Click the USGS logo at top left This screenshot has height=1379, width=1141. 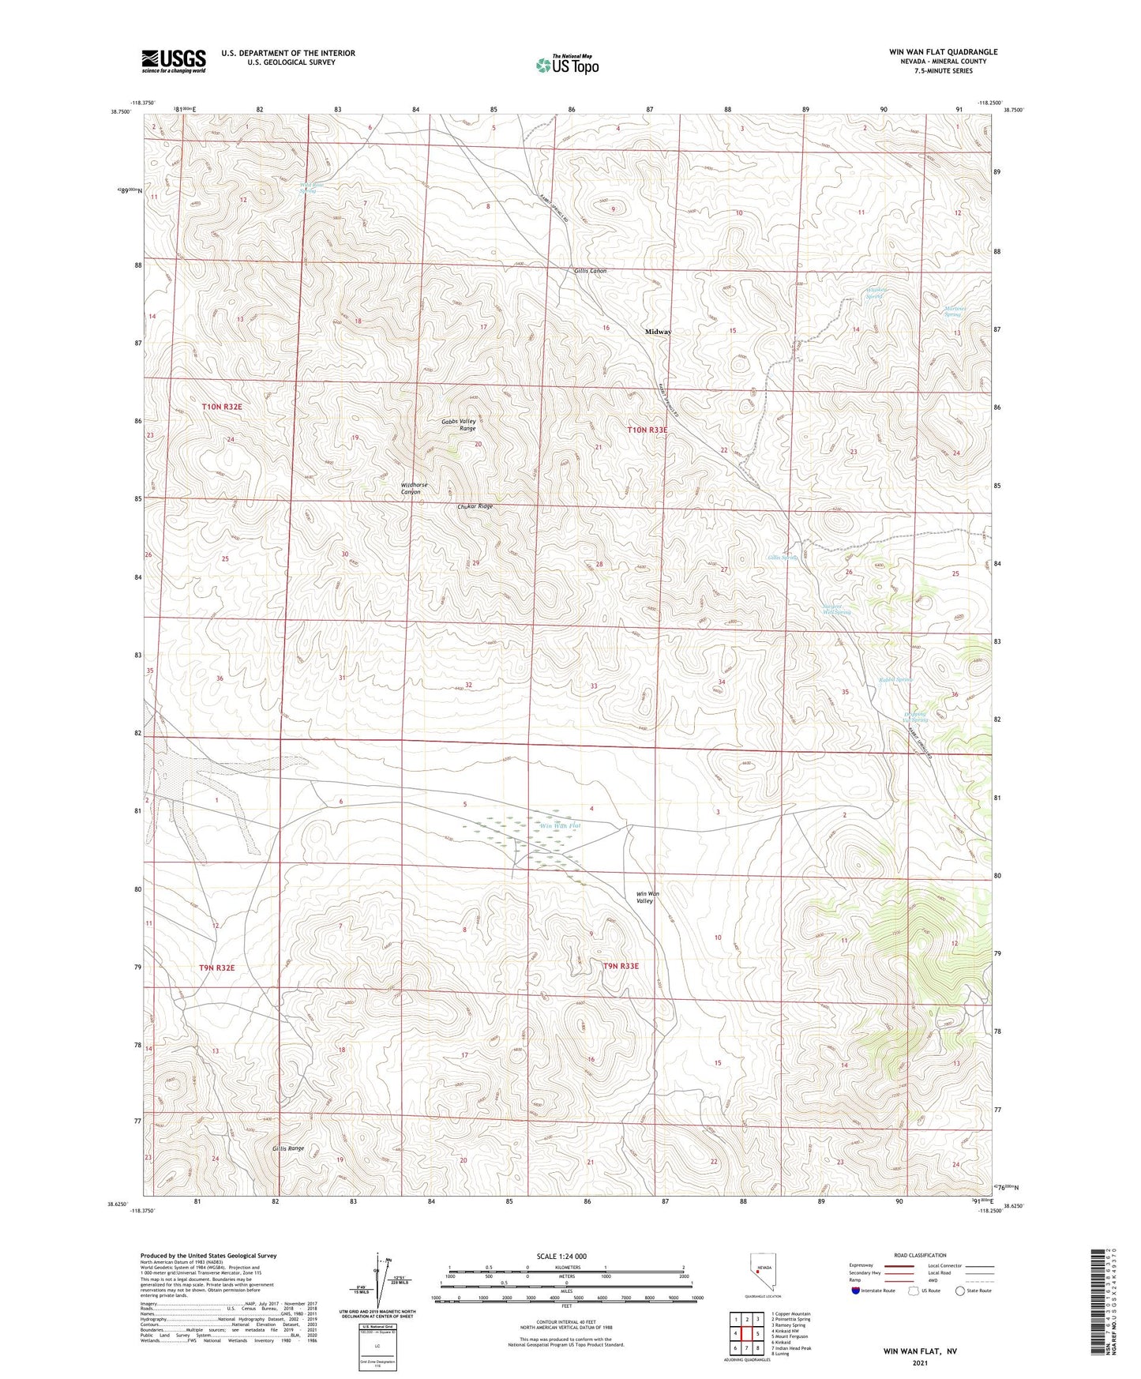point(174,61)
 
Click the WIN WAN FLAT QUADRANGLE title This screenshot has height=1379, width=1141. point(931,52)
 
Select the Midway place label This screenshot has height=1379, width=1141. point(658,332)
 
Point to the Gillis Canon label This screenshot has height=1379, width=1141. point(590,271)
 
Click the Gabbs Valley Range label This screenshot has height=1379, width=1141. point(459,424)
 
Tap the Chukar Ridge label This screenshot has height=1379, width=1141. point(475,506)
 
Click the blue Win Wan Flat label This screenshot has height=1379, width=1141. point(559,825)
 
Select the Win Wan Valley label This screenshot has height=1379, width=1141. point(647,897)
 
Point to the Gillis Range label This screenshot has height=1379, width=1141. point(288,1148)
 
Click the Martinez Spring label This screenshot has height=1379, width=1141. point(952,311)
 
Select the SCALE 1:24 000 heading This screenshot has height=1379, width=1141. point(561,1256)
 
